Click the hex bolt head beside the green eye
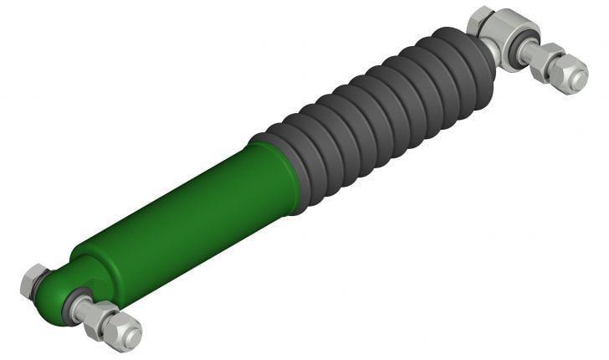(x=33, y=280)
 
